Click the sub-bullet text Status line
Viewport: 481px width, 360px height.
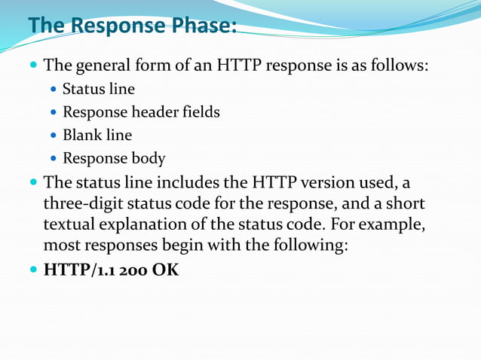coord(99,90)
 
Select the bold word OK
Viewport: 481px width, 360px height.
coord(166,269)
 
